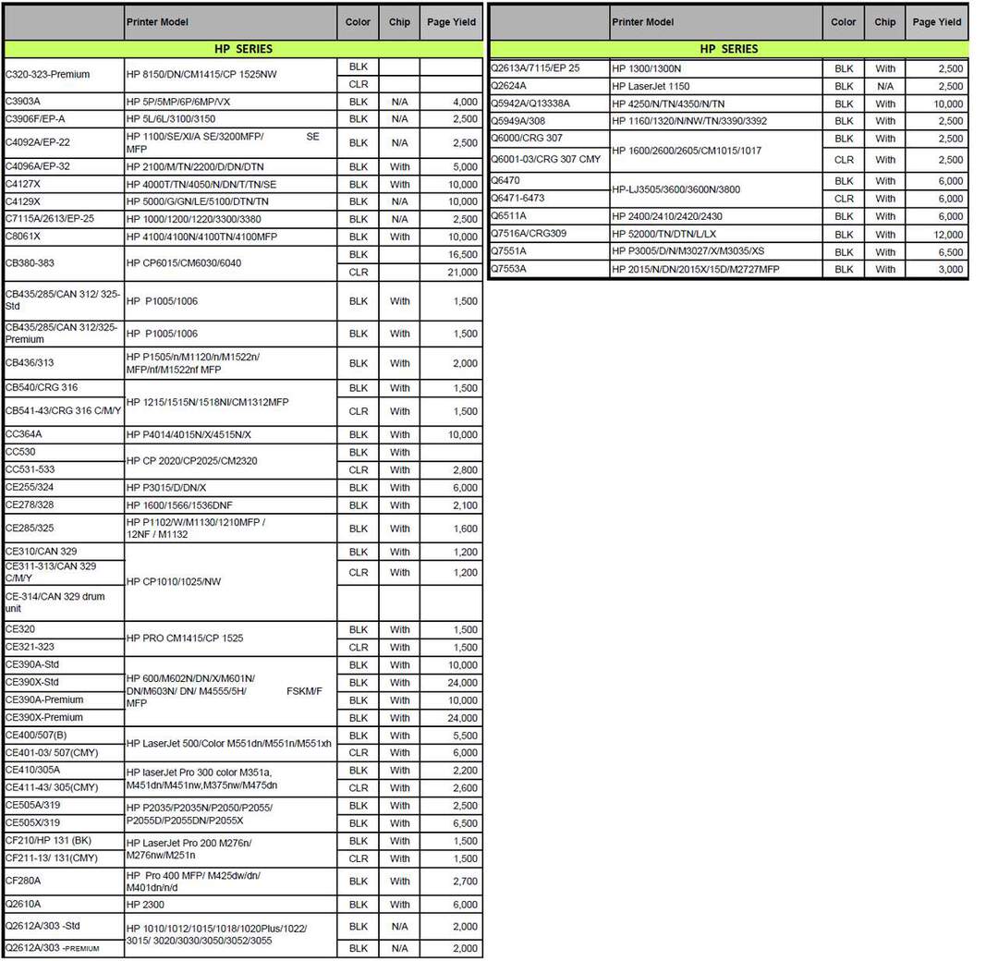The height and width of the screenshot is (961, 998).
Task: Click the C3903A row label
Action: point(24,102)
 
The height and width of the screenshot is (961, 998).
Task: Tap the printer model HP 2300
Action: point(145,905)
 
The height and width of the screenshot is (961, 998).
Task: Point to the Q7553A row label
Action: point(508,269)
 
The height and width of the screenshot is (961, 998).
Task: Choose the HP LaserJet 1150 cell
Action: point(651,86)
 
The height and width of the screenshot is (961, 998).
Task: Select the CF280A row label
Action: point(23,882)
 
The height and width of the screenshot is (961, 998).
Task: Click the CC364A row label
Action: point(24,434)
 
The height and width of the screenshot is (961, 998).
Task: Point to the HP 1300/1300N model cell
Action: point(647,68)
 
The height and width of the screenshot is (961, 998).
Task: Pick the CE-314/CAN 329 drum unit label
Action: point(55,602)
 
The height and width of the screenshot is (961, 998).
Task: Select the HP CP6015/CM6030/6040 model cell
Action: point(184,263)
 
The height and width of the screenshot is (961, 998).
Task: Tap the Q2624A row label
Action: point(508,86)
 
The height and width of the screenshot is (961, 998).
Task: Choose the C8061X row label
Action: point(23,237)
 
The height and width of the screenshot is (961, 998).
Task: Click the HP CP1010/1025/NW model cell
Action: point(174,582)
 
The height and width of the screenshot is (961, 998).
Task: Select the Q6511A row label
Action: point(508,216)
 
